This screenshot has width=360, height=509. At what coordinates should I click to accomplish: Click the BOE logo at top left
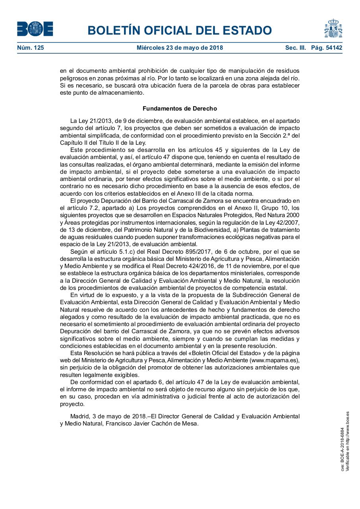click(35, 29)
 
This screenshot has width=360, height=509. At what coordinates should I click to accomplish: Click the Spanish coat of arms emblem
click(333, 29)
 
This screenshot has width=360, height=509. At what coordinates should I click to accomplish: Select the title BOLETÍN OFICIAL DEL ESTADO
click(180, 30)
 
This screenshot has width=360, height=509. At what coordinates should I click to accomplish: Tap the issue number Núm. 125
click(31, 48)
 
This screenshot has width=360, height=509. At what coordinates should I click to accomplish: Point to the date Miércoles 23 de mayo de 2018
click(180, 48)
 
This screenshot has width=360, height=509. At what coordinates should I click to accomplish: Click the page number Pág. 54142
click(327, 48)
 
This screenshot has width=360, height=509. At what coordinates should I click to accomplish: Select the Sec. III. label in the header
click(295, 48)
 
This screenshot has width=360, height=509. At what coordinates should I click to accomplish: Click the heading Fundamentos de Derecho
click(180, 109)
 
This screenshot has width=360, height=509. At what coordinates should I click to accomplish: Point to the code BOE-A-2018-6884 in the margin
click(343, 449)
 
